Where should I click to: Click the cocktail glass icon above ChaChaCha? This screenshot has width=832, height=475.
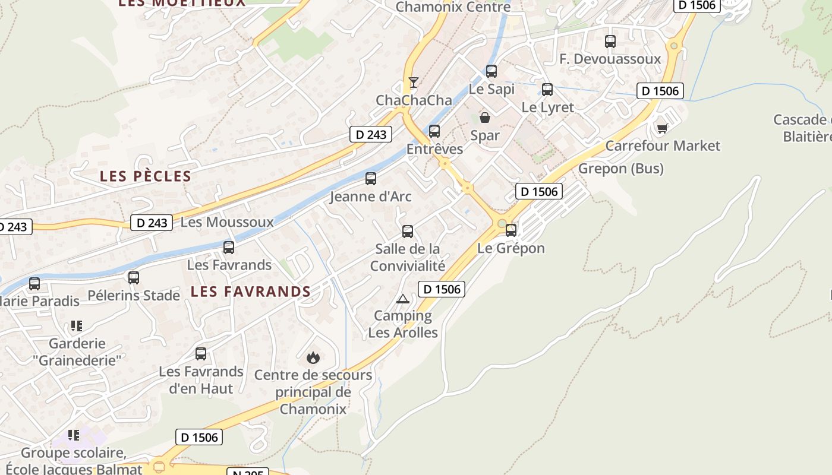point(414,82)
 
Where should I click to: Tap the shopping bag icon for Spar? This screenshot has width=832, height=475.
point(485,118)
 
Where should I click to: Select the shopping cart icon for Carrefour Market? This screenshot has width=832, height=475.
point(663,128)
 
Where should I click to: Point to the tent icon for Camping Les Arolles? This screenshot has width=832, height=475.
point(403,298)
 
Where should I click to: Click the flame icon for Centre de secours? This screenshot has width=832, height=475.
point(313,357)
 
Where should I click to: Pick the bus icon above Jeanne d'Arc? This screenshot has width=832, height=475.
point(371,178)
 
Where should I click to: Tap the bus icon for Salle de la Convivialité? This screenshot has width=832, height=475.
point(408,231)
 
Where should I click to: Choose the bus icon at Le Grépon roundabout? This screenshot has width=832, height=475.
point(511,230)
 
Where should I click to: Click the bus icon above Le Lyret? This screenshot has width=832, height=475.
point(547,90)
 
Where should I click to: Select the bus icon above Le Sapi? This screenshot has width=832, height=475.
point(491,71)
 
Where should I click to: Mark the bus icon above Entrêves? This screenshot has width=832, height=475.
point(434,131)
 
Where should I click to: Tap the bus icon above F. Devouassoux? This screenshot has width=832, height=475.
point(610,41)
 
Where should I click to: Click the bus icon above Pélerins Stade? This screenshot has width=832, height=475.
point(134,277)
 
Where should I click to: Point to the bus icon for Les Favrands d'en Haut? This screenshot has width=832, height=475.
point(201,353)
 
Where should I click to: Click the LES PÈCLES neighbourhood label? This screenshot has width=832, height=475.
point(146,176)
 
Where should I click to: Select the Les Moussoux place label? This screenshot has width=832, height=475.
point(227,222)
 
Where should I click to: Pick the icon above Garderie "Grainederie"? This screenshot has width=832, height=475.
point(76,325)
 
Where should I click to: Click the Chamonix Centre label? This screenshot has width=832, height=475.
point(453,7)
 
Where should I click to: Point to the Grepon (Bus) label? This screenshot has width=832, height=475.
point(621,169)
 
